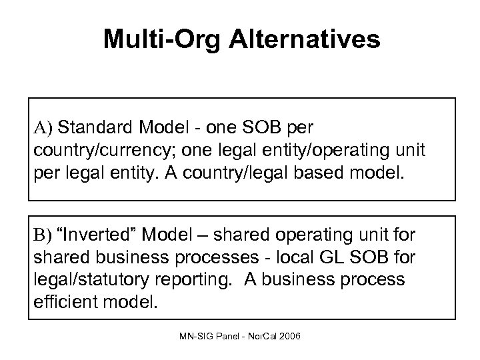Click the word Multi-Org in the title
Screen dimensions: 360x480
tap(163, 39)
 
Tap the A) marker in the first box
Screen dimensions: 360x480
tap(43, 126)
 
